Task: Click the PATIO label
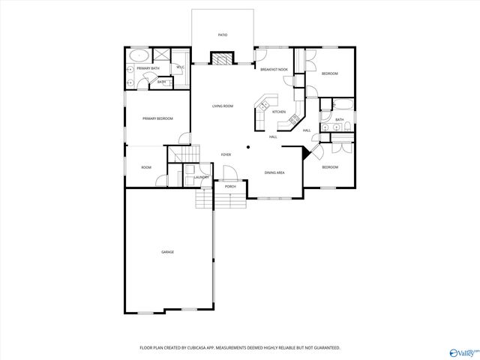point(223,35)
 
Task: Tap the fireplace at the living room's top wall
point(222,58)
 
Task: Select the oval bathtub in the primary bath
point(139,55)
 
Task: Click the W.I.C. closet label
point(181,67)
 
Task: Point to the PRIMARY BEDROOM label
point(158,118)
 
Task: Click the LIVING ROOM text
point(222,106)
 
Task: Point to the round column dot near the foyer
point(248,147)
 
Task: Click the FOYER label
point(226,154)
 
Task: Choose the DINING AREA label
point(274,172)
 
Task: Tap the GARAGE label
point(167,252)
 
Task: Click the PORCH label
point(230,186)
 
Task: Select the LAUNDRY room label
point(201,177)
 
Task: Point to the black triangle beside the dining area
point(306,152)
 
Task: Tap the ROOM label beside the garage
point(146,167)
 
